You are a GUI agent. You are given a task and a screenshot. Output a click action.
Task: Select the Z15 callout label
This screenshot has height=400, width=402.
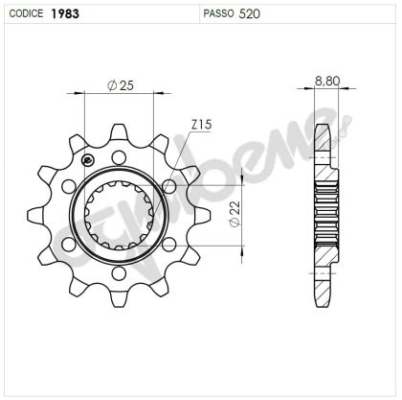coord(202,125)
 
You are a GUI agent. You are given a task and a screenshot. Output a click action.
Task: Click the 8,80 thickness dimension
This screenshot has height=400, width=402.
coord(325,82)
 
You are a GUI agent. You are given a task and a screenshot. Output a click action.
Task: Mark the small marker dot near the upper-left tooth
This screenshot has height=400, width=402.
coord(88,160)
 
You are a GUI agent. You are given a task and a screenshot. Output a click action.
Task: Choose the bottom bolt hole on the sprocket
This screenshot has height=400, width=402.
coord(119,275)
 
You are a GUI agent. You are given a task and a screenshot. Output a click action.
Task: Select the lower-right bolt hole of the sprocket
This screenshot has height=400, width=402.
coord(169,246)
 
